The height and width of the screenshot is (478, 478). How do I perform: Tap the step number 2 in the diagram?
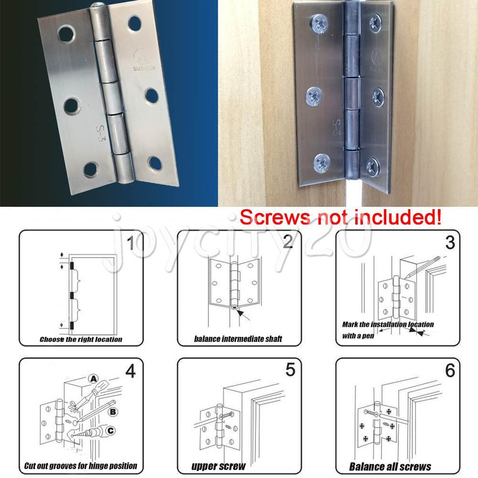click(287, 243)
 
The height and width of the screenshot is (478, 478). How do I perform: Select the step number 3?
click(449, 243)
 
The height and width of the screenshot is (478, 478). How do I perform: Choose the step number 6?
click(449, 371)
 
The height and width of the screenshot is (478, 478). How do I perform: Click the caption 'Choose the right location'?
click(81, 340)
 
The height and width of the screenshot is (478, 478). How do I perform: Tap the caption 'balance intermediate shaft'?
click(238, 339)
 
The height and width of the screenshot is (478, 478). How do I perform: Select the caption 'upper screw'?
click(218, 466)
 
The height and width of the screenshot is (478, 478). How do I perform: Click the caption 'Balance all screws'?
click(390, 467)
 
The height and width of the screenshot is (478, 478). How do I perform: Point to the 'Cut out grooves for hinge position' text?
click(81, 466)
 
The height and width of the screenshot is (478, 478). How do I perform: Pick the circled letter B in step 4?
click(113, 410)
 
